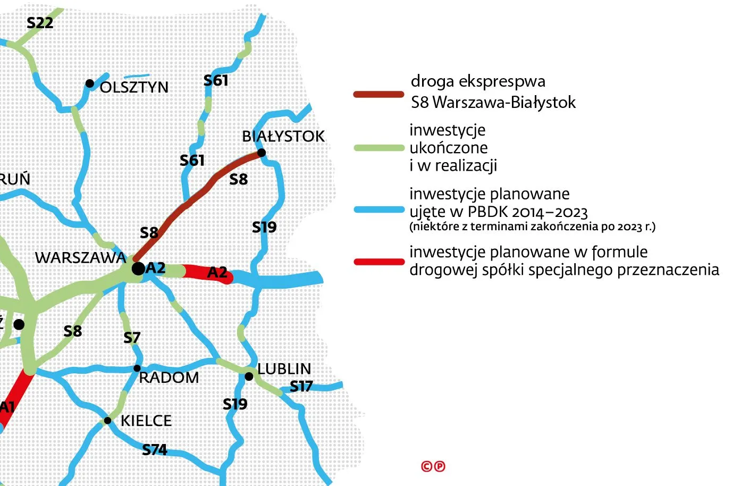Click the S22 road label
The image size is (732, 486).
tap(40, 23)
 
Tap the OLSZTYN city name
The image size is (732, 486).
tap(134, 87)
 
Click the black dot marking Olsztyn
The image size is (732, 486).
tap(90, 83)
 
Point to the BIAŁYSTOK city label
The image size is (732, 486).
tap(283, 136)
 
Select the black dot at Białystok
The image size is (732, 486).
tap(262, 153)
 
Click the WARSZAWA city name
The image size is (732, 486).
tap(80, 258)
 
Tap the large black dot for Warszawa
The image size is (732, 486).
tap(138, 269)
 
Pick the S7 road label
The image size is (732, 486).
tap(132, 338)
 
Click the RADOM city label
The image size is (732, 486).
tap(169, 378)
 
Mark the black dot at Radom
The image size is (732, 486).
tap(137, 368)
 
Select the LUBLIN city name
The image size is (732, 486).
tap(284, 369)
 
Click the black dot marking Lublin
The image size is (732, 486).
tap(249, 376)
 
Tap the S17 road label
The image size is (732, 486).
tap(301, 387)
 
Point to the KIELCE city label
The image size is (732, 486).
tap(146, 421)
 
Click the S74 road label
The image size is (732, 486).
tap(155, 450)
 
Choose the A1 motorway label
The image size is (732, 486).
tap(7, 408)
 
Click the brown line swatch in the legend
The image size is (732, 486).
tap(379, 95)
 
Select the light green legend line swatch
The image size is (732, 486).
tap(379, 148)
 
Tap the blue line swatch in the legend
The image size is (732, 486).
tap(379, 210)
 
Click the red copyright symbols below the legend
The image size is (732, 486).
tap(433, 466)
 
